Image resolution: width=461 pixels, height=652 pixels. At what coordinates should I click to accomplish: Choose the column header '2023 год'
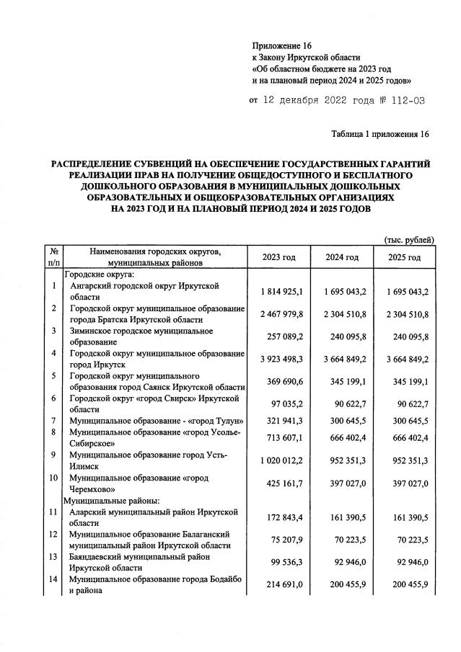279,257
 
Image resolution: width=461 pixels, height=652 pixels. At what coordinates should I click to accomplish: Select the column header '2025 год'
404,257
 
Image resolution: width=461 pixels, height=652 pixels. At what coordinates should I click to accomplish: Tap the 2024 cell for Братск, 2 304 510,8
341,314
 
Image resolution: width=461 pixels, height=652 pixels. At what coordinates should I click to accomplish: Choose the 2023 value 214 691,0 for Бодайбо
281,584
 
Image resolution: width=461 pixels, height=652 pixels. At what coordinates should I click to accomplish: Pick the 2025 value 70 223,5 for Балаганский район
404,540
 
